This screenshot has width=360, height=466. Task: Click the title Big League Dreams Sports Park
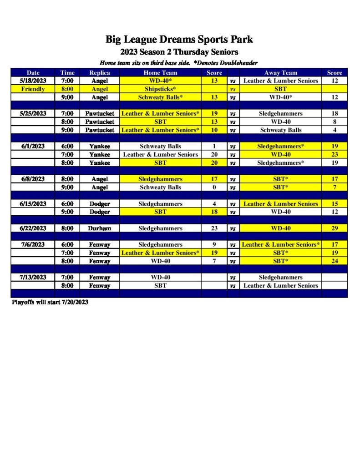179,40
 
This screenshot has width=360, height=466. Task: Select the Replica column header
100,72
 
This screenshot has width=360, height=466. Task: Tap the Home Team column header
160,72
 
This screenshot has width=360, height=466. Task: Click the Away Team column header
280,72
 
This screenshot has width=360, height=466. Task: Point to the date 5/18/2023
33,81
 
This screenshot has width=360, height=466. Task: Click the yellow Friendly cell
33,89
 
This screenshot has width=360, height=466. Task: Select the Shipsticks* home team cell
160,89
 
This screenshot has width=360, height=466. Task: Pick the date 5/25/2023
33,113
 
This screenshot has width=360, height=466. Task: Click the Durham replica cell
100,228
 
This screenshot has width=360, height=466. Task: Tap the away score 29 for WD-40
335,228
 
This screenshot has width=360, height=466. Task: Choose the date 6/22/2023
33,228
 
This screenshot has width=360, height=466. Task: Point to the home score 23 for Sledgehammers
214,228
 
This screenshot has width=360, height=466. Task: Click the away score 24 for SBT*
335,261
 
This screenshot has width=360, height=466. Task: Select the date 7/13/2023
33,277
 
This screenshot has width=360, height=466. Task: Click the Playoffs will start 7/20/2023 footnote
50,302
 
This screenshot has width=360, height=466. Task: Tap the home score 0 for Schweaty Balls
214,187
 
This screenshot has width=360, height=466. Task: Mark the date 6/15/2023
33,203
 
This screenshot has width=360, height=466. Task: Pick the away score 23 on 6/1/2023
335,154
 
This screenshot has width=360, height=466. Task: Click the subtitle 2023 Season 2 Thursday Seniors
179,52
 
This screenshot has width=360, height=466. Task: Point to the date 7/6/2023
33,244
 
